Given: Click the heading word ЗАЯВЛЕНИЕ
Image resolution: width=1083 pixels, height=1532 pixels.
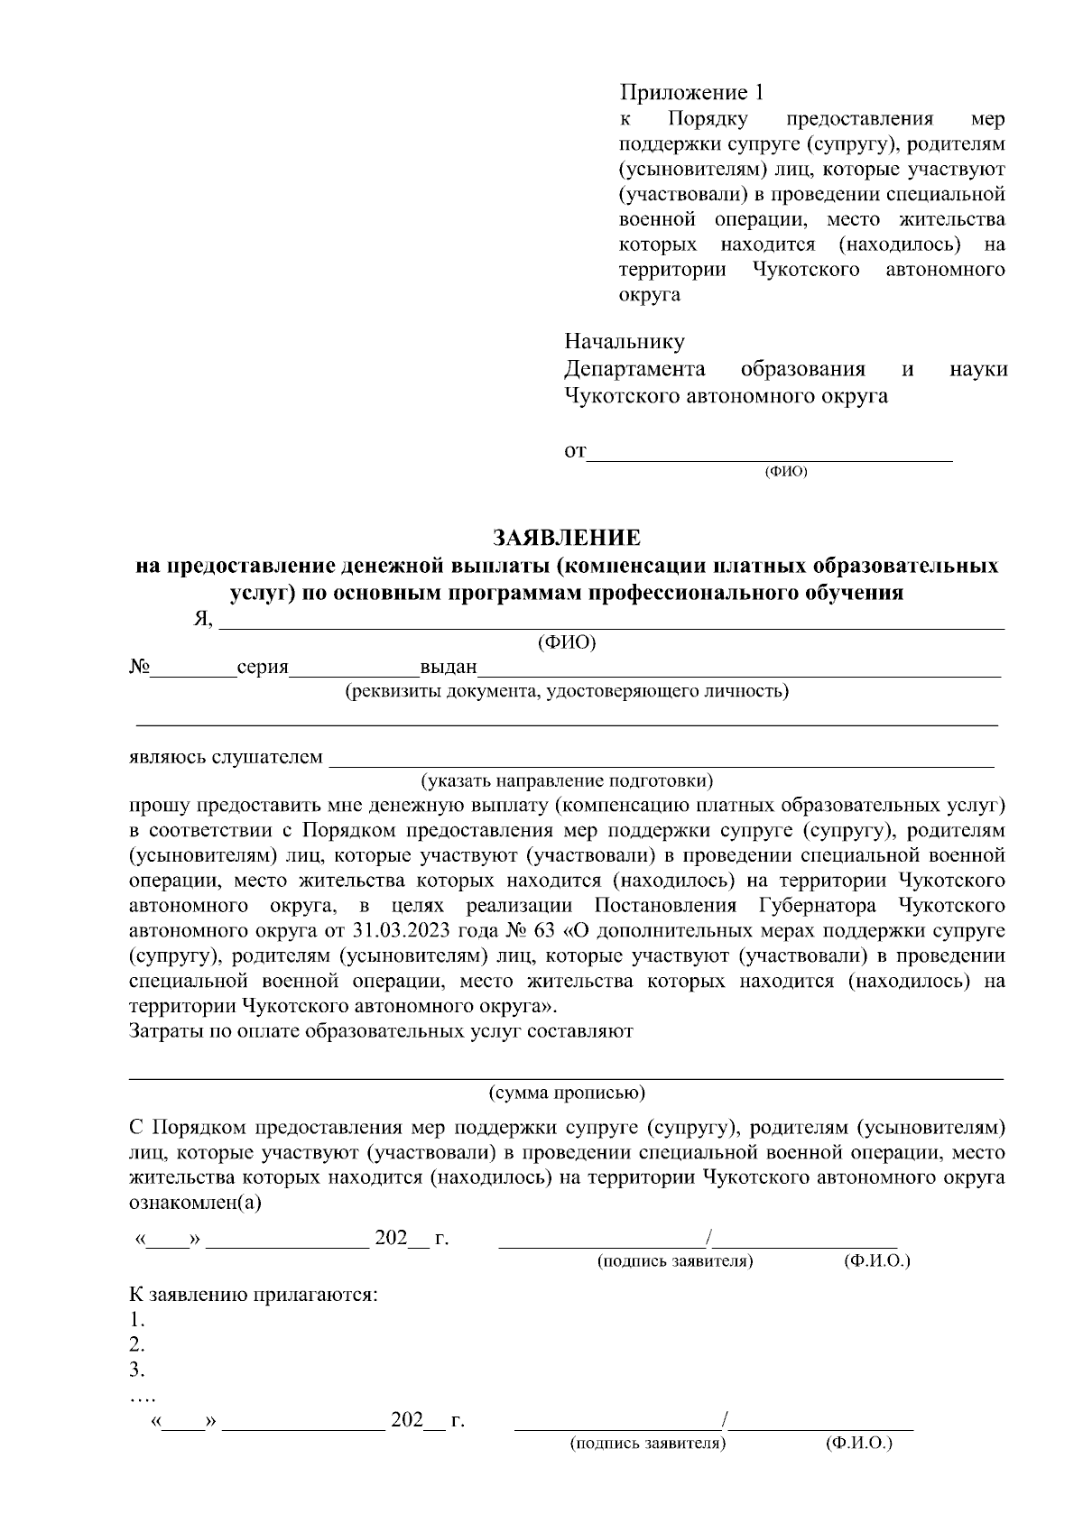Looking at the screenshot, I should coord(566,539).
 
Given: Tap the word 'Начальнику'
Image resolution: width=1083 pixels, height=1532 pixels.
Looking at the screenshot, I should coord(624,342).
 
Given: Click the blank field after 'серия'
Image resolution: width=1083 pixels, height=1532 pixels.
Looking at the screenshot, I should coord(354,669).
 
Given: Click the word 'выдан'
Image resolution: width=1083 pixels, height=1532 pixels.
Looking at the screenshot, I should coord(448,669).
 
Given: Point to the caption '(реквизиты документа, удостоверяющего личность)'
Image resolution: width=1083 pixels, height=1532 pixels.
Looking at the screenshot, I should coord(566,691).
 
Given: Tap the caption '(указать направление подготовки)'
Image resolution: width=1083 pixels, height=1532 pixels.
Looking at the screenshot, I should coord(567,780).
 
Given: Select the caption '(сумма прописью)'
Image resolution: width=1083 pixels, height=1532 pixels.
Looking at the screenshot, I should coord(567,1093).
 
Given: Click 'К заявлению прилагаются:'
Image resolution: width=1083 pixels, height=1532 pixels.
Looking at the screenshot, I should coord(254,1295).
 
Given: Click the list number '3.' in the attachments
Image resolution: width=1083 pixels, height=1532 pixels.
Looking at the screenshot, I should coord(137,1370).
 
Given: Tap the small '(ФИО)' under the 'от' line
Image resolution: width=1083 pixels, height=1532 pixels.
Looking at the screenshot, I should coord(785,472).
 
